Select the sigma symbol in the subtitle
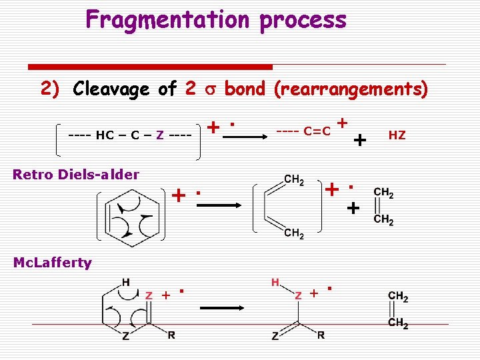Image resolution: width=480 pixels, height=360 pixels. point(210,89)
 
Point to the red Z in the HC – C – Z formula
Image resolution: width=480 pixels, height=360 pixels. point(159,135)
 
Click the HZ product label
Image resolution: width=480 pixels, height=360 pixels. point(397,135)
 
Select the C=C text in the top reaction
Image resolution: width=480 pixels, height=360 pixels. point(317,131)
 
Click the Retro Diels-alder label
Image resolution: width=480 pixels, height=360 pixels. point(76,175)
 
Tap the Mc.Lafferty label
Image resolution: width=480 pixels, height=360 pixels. point(53,263)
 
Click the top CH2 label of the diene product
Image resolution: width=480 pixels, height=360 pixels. point(295,179)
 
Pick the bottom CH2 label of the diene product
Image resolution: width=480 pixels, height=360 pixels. point(295,233)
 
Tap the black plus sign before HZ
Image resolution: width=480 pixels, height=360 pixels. point(359,140)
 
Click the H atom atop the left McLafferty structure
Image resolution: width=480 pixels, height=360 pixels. point(125,282)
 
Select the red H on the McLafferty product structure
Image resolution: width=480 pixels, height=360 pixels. point(275,283)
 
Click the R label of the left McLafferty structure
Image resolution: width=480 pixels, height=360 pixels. point(171,335)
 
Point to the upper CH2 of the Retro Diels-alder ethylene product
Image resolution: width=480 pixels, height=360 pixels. point(384,193)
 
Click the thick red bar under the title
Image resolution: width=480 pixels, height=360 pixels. point(150,67)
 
